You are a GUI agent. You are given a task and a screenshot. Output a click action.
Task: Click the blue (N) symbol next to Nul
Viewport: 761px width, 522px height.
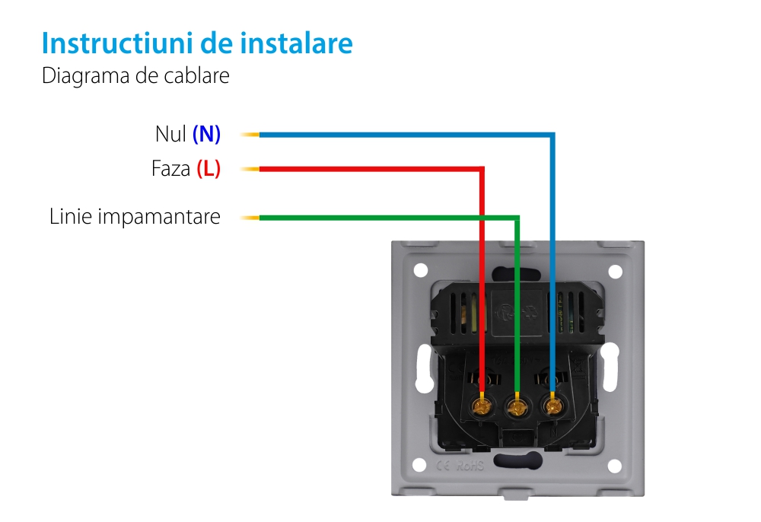pyautogui.click(x=206, y=135)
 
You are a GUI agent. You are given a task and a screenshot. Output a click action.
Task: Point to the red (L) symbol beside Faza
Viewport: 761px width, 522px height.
pyautogui.click(x=208, y=169)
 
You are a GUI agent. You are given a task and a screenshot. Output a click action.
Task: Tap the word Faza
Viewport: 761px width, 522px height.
pyautogui.click(x=170, y=169)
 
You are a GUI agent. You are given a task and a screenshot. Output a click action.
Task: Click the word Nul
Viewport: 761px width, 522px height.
pyautogui.click(x=170, y=135)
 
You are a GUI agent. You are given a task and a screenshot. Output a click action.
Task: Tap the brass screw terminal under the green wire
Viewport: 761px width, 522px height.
pyautogui.click(x=517, y=409)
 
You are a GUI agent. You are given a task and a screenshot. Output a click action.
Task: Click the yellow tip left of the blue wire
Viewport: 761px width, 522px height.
pyautogui.click(x=249, y=135)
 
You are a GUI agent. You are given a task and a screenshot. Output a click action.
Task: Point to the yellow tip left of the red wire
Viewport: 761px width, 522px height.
pyautogui.click(x=249, y=169)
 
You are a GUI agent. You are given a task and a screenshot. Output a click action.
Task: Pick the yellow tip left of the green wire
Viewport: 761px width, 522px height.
pyautogui.click(x=249, y=218)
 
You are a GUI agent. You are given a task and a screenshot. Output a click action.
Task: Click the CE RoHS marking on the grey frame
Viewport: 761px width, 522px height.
pyautogui.click(x=460, y=465)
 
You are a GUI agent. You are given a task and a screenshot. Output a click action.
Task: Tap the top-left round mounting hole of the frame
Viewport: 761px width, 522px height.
pyautogui.click(x=420, y=269)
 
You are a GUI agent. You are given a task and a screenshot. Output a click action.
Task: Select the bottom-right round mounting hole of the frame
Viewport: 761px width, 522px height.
pyautogui.click(x=616, y=465)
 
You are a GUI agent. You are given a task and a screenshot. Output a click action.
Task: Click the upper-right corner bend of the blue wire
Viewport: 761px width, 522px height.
pyautogui.click(x=553, y=135)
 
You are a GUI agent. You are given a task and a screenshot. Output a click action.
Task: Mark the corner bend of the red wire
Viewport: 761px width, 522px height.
pyautogui.click(x=482, y=169)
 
